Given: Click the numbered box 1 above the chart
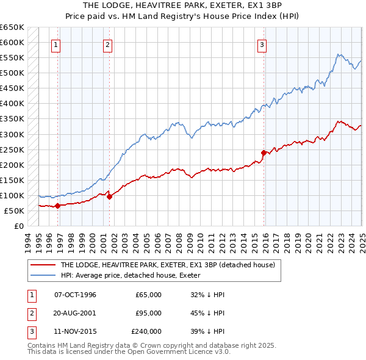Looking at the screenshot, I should pyautogui.click(x=56, y=44).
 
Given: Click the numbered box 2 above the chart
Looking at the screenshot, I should pyautogui.click(x=107, y=44).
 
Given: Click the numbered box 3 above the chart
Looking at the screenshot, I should pyautogui.click(x=261, y=44).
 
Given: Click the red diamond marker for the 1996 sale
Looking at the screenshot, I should pyautogui.click(x=57, y=206).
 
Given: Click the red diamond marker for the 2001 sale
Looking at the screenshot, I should pyautogui.click(x=109, y=196).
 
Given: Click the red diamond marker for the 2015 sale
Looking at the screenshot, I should pyautogui.click(x=264, y=152).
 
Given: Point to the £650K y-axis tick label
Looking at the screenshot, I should pyautogui.click(x=12, y=27).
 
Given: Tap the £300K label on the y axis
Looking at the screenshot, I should pyautogui.click(x=12, y=134).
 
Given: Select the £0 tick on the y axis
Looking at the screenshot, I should pyautogui.click(x=18, y=226).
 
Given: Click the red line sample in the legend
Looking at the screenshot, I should pyautogui.click(x=43, y=265).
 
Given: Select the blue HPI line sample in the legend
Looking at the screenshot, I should pyautogui.click(x=43, y=275).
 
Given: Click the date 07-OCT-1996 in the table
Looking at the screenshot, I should pyautogui.click(x=75, y=295).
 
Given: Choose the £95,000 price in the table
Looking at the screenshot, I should pyautogui.click(x=148, y=313).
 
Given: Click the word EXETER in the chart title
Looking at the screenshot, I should pyautogui.click(x=230, y=5).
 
